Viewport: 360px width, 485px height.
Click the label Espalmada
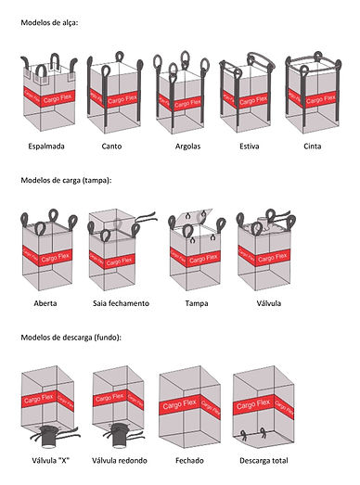46,147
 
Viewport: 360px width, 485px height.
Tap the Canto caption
111,147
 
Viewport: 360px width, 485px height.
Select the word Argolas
188,147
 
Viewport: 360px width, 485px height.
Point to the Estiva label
250,147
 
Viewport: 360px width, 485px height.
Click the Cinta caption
313,147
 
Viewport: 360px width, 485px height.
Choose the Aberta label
45,303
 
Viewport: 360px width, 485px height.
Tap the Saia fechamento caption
121,303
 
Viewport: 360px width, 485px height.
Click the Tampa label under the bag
197,303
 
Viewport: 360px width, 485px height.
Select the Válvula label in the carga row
269,303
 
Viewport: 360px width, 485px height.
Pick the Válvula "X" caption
50,461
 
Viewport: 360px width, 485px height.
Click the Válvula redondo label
120,461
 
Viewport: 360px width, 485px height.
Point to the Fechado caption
189,461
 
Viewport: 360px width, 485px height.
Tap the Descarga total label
264,461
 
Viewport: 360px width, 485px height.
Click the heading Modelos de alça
49,22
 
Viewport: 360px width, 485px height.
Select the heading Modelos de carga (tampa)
66,180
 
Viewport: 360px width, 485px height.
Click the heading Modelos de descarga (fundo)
71,338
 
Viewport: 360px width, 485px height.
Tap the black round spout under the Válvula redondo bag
120,435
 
